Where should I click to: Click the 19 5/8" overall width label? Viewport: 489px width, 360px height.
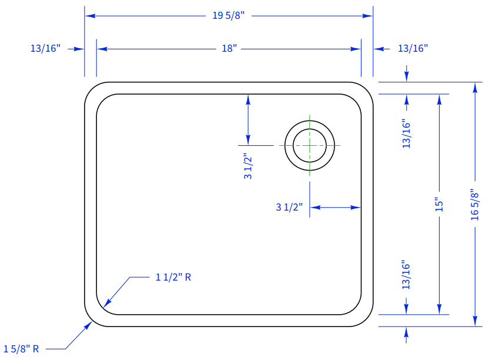pos(229,15)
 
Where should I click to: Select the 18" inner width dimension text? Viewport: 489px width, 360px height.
pos(229,49)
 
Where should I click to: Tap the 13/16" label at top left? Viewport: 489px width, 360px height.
pos(45,49)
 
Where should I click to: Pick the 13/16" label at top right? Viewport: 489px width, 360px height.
pos(413,49)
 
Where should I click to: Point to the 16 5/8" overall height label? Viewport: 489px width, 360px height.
pos(474,204)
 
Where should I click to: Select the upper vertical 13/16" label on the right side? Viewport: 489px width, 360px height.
pos(406,134)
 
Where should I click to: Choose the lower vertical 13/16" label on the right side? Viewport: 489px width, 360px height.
pos(406,275)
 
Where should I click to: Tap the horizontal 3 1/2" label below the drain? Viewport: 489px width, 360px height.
pos(289,207)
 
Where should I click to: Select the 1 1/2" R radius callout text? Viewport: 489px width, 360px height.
pos(173,277)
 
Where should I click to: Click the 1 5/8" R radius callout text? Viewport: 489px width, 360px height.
pos(21,349)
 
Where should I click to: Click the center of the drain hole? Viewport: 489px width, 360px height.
pos(310,145)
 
